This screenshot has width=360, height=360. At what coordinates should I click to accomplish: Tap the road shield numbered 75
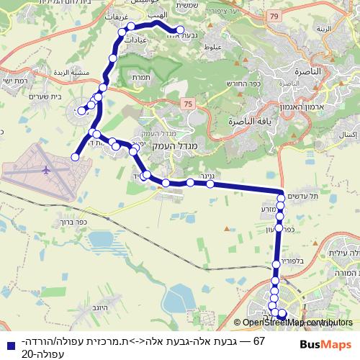click(189, 104)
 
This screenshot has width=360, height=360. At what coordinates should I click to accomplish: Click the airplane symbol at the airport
click(48, 171)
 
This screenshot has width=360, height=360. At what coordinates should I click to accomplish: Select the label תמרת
click(141, 77)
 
